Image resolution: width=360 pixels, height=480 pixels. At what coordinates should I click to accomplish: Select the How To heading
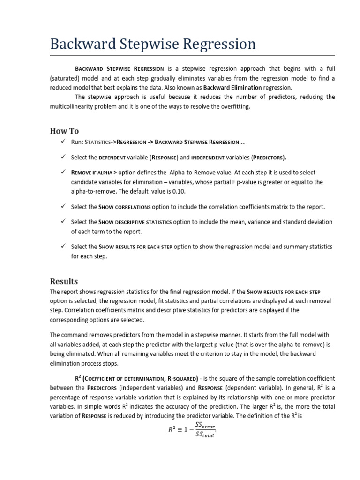pyautogui.click(x=64, y=131)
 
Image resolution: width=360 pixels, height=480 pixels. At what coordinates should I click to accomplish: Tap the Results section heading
pyautogui.click(x=64, y=281)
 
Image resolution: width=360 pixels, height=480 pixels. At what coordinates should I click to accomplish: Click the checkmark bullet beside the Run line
pyautogui.click(x=63, y=142)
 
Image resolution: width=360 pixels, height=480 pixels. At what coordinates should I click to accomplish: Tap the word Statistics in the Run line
pyautogui.click(x=100, y=142)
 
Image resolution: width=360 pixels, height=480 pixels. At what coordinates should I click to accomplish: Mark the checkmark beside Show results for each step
pyautogui.click(x=63, y=246)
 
